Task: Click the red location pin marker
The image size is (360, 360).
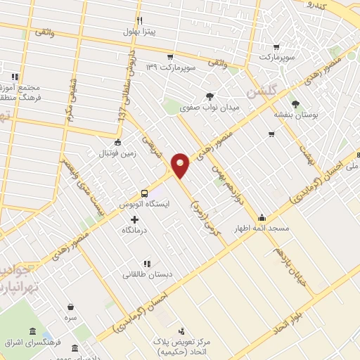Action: [x=181, y=166]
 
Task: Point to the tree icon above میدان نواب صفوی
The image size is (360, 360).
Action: [x=210, y=96]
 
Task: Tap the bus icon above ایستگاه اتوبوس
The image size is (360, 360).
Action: [x=144, y=192]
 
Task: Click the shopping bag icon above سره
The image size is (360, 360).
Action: [x=70, y=307]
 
